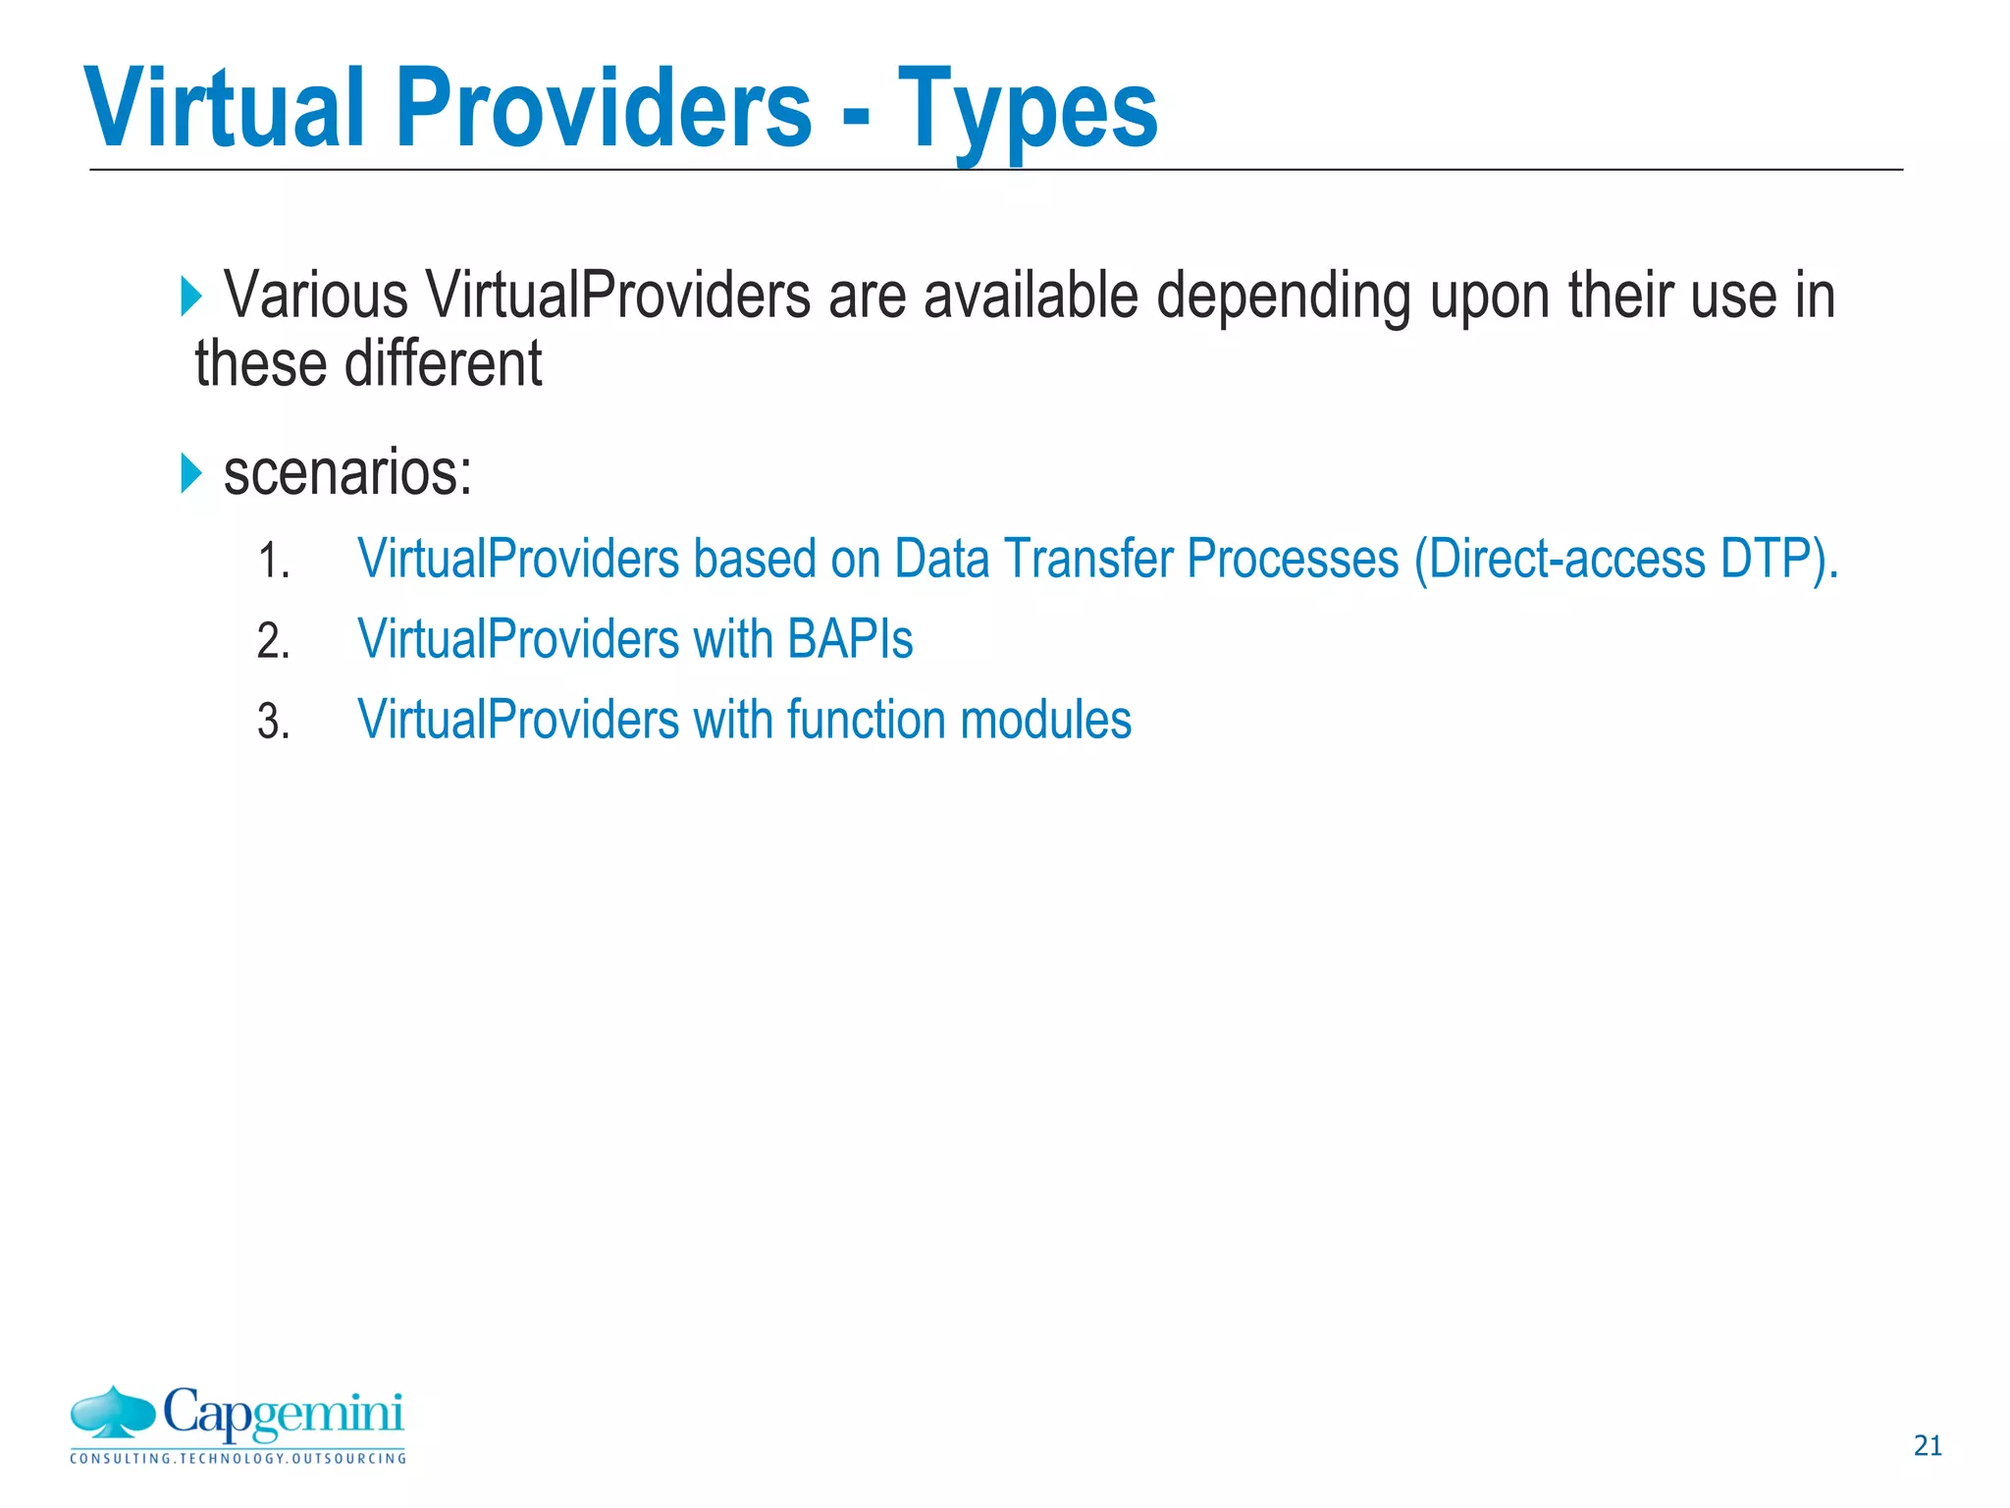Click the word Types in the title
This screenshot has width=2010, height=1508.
1028,110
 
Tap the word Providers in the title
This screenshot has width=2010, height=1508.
604,108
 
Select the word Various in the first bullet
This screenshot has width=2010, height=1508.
316,295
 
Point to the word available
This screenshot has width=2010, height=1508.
1031,295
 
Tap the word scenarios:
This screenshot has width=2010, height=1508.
348,473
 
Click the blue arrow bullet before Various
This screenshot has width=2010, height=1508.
191,296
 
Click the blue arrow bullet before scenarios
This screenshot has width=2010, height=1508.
191,474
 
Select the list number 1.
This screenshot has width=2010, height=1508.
273,563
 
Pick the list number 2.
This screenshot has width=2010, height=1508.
273,642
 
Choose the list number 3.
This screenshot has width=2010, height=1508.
273,723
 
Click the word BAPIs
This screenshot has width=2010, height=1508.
850,640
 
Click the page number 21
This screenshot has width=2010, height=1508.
1928,1445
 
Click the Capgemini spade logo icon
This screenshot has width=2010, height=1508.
113,1413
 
